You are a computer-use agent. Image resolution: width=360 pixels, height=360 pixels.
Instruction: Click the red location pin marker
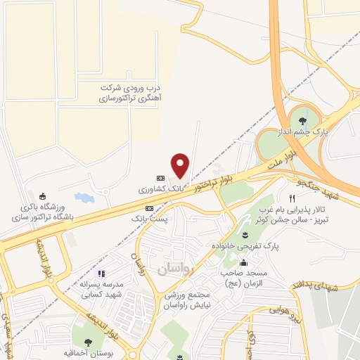tap(181, 165)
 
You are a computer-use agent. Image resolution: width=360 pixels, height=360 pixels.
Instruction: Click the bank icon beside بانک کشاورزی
tap(160, 178)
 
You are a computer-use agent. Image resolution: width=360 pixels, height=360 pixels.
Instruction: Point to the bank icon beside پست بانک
tap(149, 209)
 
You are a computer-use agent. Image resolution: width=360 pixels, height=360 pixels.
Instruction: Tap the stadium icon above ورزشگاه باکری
tap(44, 196)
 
